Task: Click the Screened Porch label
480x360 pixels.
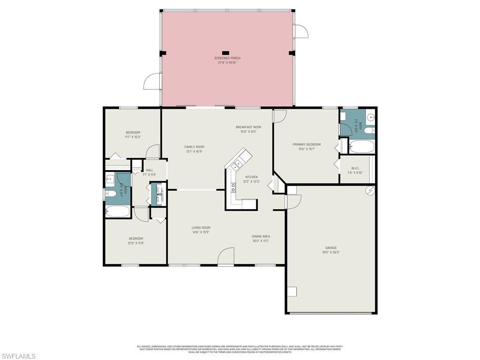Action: click(227, 58)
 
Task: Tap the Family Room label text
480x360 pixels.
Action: click(194, 147)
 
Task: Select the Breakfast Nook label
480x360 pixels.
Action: click(248, 127)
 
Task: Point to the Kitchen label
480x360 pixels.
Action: click(251, 177)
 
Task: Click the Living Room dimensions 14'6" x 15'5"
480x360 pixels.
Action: click(201, 232)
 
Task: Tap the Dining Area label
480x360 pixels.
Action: click(261, 236)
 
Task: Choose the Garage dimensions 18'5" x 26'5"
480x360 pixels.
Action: click(331, 252)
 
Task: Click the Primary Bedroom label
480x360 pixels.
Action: click(307, 144)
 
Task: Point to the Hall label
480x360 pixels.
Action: click(149, 170)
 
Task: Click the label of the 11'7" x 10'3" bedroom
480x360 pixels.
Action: click(133, 133)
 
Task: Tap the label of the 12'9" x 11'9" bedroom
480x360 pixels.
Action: click(136, 239)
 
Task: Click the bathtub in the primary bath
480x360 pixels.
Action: click(362, 147)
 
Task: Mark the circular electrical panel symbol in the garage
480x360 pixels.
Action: click(369, 190)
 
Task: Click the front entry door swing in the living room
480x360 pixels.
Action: click(226, 256)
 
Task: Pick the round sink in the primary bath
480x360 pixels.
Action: click(370, 117)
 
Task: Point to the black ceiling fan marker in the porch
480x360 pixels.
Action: click(225, 52)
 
